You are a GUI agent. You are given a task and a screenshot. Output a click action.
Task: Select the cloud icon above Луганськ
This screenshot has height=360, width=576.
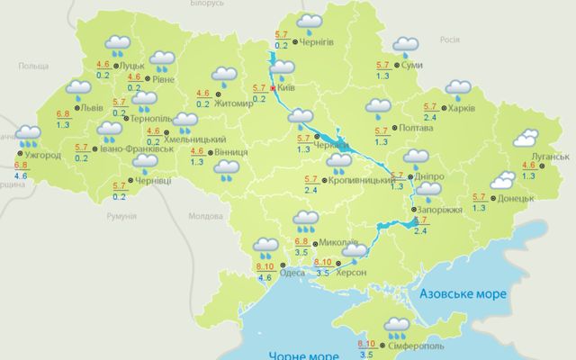coord(526,139)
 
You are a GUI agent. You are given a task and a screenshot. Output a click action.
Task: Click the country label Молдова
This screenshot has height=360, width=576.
coord(205,216)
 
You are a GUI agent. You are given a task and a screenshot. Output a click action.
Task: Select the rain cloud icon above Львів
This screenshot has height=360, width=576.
coord(79,87)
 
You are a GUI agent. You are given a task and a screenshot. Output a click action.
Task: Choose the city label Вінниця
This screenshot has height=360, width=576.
coord(233,152)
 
